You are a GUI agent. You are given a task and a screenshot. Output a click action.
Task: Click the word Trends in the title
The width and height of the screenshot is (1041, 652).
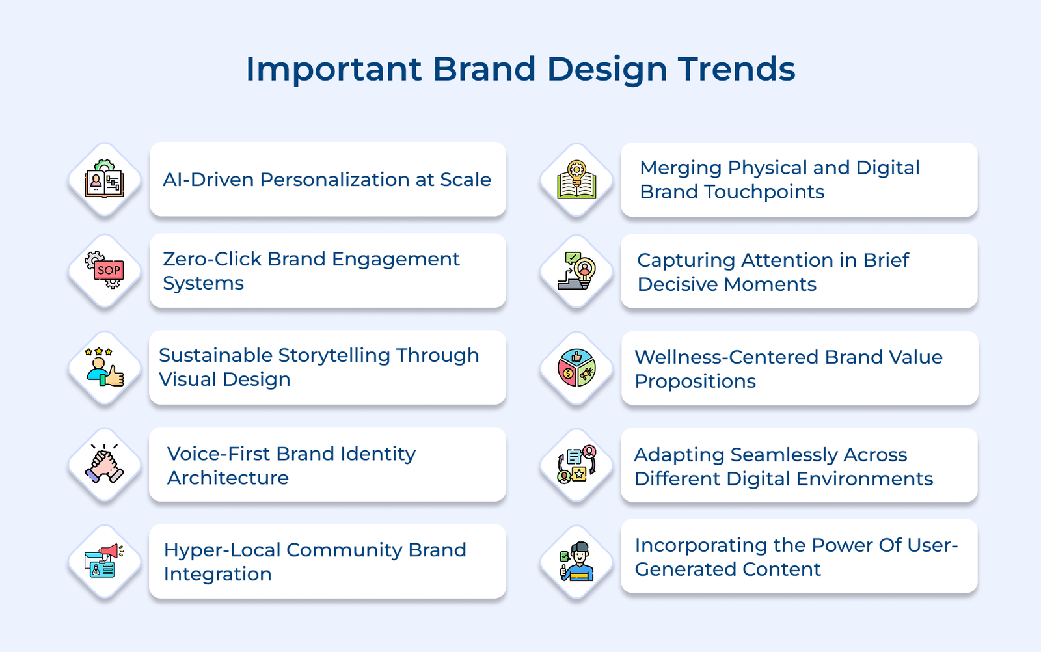(x=737, y=69)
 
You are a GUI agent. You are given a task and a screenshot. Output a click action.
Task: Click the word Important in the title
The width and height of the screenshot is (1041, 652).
(x=334, y=69)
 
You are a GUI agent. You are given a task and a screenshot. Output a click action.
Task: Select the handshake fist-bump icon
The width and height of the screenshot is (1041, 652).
(x=105, y=465)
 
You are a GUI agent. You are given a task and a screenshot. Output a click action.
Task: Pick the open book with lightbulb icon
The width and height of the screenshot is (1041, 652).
(x=576, y=180)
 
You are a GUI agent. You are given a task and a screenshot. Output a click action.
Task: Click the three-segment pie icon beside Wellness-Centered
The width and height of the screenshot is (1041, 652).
(x=576, y=368)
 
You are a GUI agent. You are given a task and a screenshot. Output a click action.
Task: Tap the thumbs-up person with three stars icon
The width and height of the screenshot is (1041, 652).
(x=105, y=368)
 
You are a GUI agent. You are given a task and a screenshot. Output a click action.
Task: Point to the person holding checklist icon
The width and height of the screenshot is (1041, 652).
(x=576, y=561)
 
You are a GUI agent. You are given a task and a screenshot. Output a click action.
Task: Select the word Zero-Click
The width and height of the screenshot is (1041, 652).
(x=212, y=259)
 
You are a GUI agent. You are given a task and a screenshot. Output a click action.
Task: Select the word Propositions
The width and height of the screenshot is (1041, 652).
(x=695, y=381)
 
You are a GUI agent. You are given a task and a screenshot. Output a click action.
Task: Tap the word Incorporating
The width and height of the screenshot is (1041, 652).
(x=701, y=545)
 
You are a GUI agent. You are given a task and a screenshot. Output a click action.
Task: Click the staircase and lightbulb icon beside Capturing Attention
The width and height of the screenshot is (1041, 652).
(x=576, y=271)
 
